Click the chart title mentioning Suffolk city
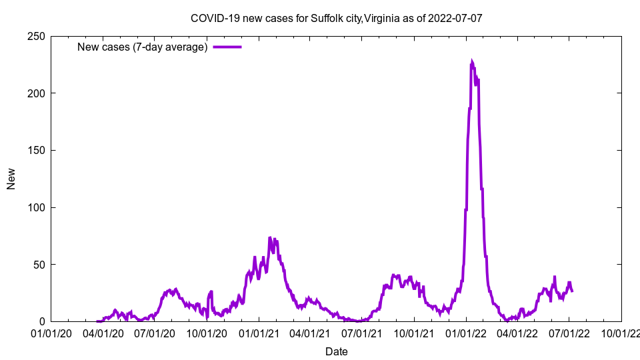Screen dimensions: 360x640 [336, 18]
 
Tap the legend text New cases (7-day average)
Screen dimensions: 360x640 [143, 47]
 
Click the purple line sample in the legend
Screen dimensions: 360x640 [227, 47]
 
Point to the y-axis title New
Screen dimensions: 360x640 [11, 179]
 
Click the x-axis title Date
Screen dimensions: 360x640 [336, 351]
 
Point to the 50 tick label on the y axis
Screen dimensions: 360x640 [38, 265]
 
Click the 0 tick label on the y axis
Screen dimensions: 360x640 [41, 321]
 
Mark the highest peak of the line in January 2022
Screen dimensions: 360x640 [472, 61]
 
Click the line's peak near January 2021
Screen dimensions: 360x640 [270, 237]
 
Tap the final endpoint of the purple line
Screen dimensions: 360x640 [572, 291]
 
